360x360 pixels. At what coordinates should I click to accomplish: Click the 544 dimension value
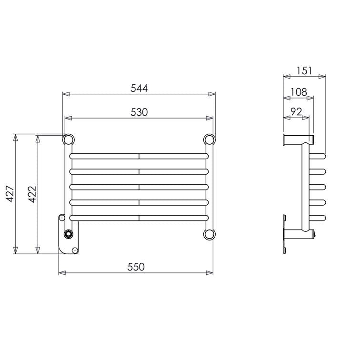tap(139, 88)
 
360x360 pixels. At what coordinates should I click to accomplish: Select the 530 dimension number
tap(139, 112)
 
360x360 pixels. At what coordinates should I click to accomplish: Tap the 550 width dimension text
tap(136, 267)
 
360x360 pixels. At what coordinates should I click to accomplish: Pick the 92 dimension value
tap(296, 112)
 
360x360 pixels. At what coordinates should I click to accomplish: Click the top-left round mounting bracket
tap(69, 140)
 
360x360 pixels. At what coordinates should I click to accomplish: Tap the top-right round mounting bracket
tap(209, 140)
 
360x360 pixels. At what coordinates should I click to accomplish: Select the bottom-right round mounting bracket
tap(209, 234)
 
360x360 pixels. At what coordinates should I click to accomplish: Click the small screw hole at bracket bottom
tap(74, 250)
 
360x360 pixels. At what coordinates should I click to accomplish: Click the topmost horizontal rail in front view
tap(139, 156)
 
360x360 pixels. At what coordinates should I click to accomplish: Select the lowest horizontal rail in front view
tap(139, 218)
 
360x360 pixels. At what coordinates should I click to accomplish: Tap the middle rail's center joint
tap(139, 187)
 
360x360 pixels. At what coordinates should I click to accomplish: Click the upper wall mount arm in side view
tap(298, 139)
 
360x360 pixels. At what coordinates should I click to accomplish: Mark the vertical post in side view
tap(303, 186)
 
